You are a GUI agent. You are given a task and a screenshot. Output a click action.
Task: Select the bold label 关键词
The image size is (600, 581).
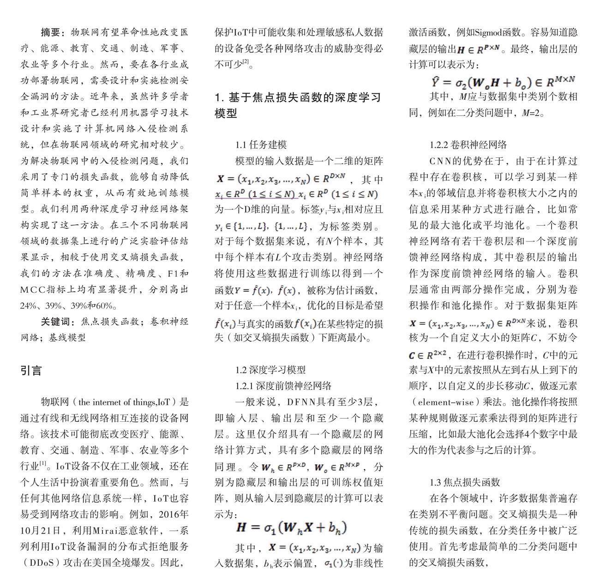(56, 322)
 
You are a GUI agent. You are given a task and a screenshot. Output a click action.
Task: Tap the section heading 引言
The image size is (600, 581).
(31, 370)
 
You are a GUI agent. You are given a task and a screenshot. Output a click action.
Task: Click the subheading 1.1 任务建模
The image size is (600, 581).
(261, 144)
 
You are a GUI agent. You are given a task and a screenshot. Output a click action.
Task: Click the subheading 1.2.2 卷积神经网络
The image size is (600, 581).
(468, 144)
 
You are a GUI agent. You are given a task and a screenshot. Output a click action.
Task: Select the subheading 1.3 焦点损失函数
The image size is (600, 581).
(465, 482)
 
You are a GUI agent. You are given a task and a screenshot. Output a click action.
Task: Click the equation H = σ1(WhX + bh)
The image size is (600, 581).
(291, 528)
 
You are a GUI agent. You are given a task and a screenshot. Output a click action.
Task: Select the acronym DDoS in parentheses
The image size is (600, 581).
(44, 563)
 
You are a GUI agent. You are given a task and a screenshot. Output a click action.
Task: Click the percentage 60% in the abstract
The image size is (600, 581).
(107, 305)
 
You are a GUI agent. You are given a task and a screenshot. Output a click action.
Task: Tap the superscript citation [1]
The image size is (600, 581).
(43, 463)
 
